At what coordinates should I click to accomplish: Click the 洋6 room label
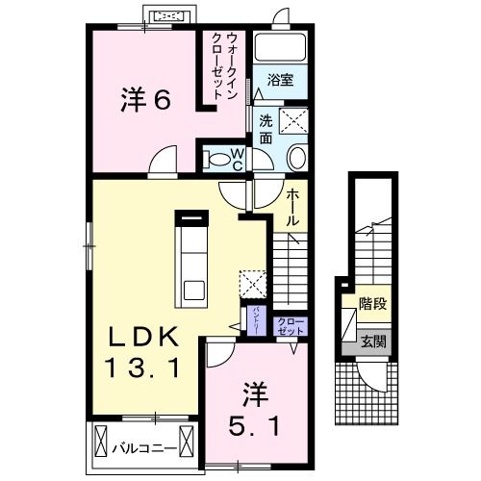[146, 100]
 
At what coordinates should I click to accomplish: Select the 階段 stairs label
[372, 303]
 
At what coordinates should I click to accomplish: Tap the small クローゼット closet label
[289, 325]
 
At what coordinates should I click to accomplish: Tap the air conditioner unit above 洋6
[168, 16]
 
